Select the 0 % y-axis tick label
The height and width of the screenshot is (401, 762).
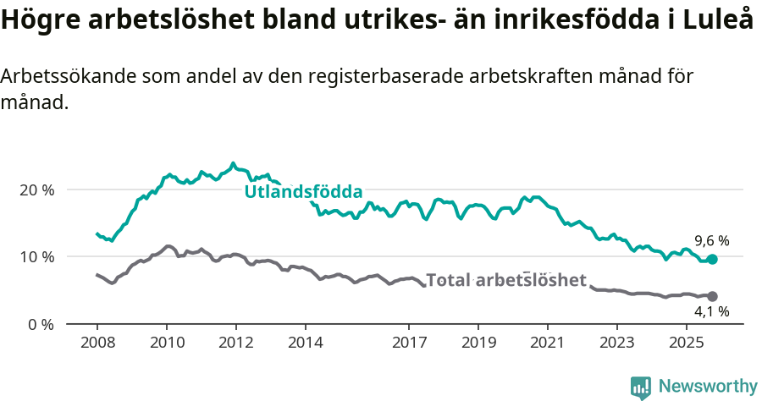41,324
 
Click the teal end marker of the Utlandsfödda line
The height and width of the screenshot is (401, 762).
712,259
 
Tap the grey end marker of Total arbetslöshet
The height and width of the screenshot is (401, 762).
712,296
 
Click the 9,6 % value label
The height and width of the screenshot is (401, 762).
711,240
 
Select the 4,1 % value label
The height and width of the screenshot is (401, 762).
711,312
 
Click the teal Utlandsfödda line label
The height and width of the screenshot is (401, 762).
303,192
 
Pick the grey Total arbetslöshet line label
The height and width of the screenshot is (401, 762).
506,280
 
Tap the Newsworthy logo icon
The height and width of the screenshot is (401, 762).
641,387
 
